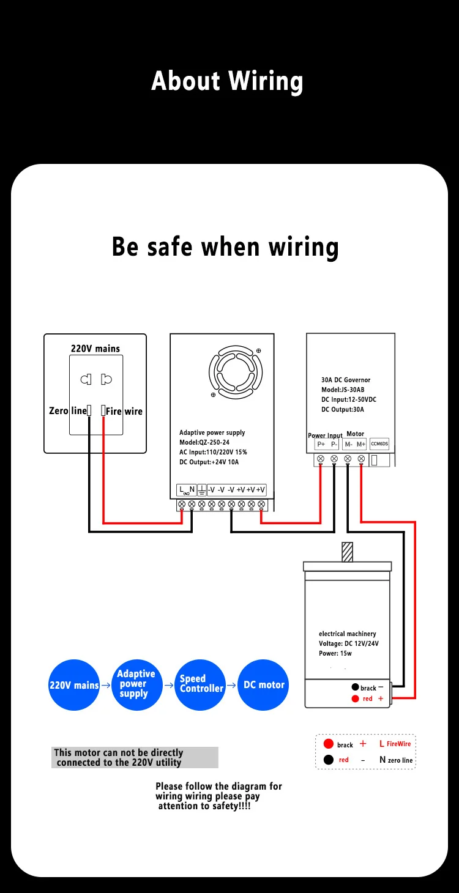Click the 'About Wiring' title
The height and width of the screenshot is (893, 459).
(227, 81)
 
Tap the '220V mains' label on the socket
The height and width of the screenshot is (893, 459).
(95, 349)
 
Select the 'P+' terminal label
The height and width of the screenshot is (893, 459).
(321, 444)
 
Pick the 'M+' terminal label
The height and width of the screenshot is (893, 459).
(361, 444)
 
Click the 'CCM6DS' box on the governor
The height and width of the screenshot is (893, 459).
(379, 444)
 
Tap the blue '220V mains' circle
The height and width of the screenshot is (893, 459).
(74, 685)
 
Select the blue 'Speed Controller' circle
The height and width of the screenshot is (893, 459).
(201, 685)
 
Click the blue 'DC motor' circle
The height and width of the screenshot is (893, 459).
(263, 685)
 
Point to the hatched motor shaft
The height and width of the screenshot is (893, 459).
(348, 552)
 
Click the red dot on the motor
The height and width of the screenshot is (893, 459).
(355, 698)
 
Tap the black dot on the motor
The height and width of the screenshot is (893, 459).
(355, 687)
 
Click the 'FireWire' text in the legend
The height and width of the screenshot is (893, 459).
(398, 744)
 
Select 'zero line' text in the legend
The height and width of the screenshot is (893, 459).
(400, 760)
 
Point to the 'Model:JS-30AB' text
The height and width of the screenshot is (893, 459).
(343, 390)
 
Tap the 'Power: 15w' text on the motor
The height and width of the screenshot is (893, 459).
(335, 653)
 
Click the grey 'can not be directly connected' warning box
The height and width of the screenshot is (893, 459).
(135, 757)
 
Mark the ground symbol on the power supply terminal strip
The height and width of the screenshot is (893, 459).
(201, 489)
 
